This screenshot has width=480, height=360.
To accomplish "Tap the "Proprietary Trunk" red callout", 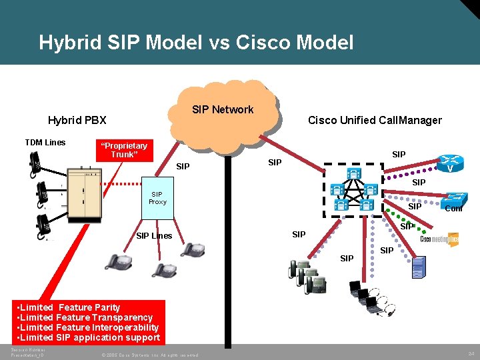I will coord(123,150).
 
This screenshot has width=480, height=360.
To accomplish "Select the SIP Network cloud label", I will coord(223,109).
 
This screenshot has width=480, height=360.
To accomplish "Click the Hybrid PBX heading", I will coord(77,120).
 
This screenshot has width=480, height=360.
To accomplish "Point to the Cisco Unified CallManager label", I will coord(375,120).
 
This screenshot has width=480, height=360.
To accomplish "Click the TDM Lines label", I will coord(45,142).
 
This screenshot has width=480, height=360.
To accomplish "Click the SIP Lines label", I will coord(154,235).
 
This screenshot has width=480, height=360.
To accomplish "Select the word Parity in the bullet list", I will coord(103,307).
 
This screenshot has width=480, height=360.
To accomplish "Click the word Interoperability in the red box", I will coord(126,327).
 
